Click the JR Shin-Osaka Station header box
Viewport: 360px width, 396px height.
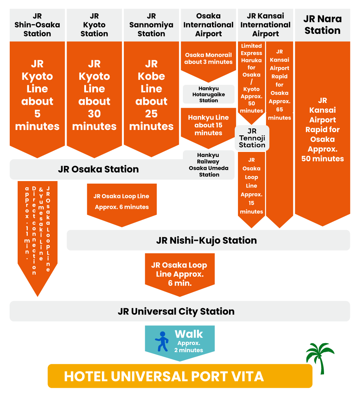(37, 25)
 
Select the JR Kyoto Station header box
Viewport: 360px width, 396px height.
(94, 25)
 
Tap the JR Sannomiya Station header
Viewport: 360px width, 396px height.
(151, 25)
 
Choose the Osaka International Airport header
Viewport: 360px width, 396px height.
(208, 25)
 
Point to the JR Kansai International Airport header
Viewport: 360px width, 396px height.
(265, 25)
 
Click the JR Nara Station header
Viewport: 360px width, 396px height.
(322, 25)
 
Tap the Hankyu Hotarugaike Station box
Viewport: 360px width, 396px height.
(208, 94)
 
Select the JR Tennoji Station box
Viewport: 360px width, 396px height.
(252, 138)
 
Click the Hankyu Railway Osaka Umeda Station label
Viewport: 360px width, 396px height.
(209, 165)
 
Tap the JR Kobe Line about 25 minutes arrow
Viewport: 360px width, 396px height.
(151, 95)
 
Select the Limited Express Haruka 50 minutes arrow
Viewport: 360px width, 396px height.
(251, 79)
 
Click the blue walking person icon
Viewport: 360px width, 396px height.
(162, 342)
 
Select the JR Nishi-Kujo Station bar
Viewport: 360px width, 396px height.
(208, 240)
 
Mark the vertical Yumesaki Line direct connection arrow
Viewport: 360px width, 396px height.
(37, 230)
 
